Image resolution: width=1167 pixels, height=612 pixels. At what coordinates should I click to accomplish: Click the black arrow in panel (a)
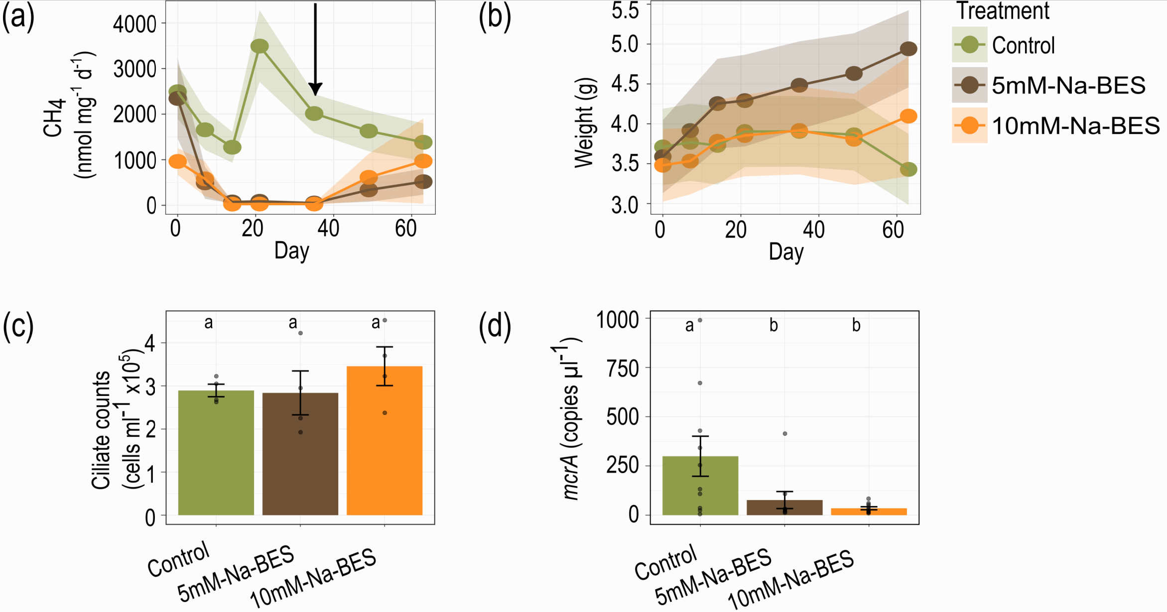click(x=315, y=50)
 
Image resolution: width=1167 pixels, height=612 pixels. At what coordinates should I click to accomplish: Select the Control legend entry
click(x=1023, y=45)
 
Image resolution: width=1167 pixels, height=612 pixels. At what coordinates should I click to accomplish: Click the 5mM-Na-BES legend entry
click(x=1068, y=86)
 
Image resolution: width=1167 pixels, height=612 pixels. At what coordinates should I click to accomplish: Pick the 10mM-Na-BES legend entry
click(x=1075, y=126)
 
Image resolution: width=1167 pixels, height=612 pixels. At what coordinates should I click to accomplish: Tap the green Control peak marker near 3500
click(x=259, y=46)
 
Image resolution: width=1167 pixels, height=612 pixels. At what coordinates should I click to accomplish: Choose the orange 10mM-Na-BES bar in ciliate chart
click(x=385, y=440)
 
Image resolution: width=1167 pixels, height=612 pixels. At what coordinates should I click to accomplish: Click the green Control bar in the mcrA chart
click(x=700, y=485)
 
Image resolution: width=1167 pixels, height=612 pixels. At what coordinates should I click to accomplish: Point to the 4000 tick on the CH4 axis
click(x=134, y=24)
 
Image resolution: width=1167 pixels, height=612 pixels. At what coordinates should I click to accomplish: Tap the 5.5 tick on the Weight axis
click(x=625, y=10)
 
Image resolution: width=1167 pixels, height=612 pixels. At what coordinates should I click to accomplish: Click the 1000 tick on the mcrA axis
click(x=618, y=320)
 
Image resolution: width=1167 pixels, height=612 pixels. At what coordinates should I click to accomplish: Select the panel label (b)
click(x=495, y=18)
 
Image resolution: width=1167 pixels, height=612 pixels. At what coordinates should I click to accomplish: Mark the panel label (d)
click(x=495, y=327)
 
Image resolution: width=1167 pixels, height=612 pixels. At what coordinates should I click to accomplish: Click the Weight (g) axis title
click(x=584, y=123)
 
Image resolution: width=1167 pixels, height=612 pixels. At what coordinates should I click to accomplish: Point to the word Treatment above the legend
click(x=1003, y=11)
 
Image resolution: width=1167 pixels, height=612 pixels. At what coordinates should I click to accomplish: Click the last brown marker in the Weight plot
click(x=908, y=49)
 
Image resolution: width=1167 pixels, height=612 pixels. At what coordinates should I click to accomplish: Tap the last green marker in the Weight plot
click(x=908, y=169)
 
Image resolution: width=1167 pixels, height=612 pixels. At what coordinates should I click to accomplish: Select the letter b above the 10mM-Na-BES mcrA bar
click(x=856, y=325)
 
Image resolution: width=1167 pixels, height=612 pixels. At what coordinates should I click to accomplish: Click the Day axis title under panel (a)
click(x=291, y=250)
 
